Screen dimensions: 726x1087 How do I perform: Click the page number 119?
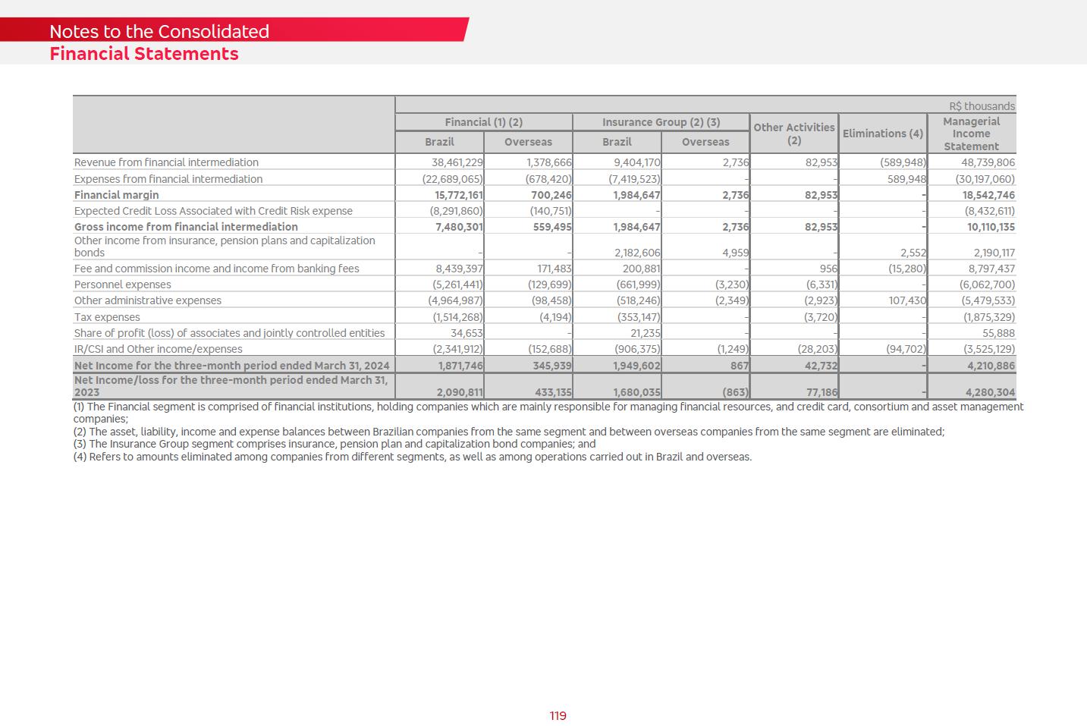point(558,716)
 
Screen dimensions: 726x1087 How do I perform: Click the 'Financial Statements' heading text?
point(144,54)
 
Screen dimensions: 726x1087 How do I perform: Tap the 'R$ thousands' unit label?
point(982,106)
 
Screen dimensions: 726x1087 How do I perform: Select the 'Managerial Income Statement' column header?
point(971,134)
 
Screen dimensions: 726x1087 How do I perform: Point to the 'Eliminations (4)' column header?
point(882,134)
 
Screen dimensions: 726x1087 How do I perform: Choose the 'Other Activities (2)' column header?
point(793,134)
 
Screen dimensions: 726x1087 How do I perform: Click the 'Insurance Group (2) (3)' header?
point(661,122)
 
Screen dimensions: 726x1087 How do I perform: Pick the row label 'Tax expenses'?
point(107,317)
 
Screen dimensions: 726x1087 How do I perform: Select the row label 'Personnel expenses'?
point(122,284)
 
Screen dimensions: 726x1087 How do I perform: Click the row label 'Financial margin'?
point(116,195)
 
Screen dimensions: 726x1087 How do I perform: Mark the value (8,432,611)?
point(989,211)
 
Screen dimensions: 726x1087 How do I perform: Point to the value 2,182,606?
point(637,253)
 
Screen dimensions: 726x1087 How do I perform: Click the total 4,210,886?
point(991,366)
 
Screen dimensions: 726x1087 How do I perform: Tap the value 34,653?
point(467,333)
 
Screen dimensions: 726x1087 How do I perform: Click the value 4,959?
point(735,253)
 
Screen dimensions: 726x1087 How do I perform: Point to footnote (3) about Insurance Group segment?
point(334,444)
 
